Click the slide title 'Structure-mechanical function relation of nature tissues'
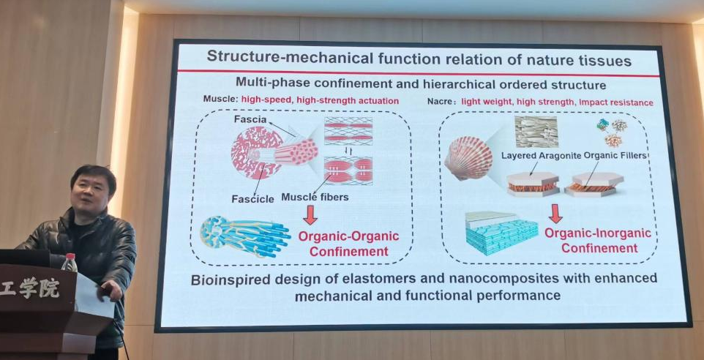pos(419,57)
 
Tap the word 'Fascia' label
pos(250,119)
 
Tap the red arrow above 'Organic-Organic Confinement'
pos(310,214)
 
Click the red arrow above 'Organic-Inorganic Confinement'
pos(555,213)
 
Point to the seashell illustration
pos(468,157)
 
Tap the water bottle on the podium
pos(70,263)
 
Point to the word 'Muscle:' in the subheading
pos(220,100)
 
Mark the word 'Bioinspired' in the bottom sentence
pos(228,279)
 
